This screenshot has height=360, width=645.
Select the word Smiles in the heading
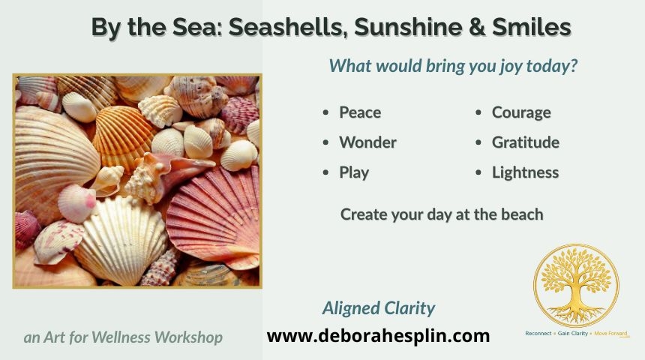(x=532, y=27)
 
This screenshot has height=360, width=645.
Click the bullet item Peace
(x=360, y=112)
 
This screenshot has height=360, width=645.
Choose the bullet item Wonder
(x=367, y=142)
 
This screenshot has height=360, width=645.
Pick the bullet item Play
(x=354, y=172)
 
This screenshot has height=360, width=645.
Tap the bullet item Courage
(x=521, y=112)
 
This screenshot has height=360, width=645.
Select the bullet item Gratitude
(x=525, y=142)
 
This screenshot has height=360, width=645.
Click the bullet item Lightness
(x=525, y=172)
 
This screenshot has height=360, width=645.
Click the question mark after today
(x=574, y=66)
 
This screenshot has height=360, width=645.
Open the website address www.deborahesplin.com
(x=378, y=336)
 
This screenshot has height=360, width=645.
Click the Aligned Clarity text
(x=379, y=308)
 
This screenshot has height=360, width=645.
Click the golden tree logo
(x=576, y=285)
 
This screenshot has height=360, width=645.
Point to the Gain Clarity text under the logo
(x=572, y=333)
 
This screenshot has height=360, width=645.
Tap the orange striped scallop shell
(x=122, y=136)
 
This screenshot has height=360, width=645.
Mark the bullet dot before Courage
(x=478, y=112)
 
